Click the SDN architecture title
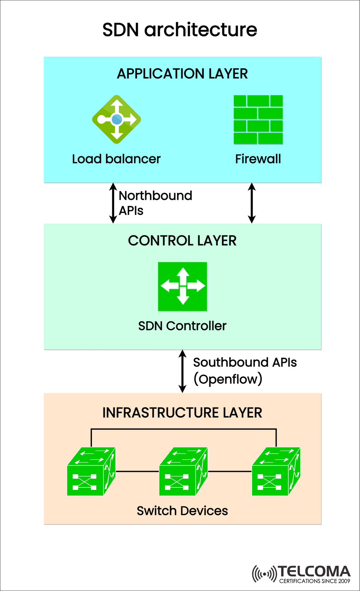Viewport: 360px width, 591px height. pos(180,30)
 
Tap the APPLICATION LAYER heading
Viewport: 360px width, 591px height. pos(182,74)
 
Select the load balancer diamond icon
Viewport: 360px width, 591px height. pos(117,119)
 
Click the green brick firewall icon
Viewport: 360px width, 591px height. pos(258,120)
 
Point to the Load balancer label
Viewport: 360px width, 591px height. pos(116,159)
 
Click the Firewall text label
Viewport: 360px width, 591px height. pos(258,159)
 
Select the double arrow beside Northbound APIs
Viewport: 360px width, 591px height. pos(113,203)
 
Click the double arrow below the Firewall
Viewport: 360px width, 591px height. pos(252,203)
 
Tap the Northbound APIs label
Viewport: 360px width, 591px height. pos(155,202)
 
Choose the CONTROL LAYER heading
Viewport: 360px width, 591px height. pos(182,241)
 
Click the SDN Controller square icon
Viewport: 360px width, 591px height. pos(183,286)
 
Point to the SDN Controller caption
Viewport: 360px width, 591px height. pos(182,326)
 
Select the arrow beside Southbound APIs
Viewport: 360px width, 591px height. pos(182,371)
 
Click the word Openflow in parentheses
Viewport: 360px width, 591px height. pos(228,379)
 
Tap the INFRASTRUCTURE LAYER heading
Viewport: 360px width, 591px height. pos(182,413)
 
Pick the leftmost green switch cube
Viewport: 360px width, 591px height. pos(91,472)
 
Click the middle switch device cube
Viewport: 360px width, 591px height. pos(183,472)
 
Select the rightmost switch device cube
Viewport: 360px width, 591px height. pos(276,472)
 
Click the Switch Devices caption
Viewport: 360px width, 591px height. pos(182,511)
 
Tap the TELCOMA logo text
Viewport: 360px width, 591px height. pos(314,572)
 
